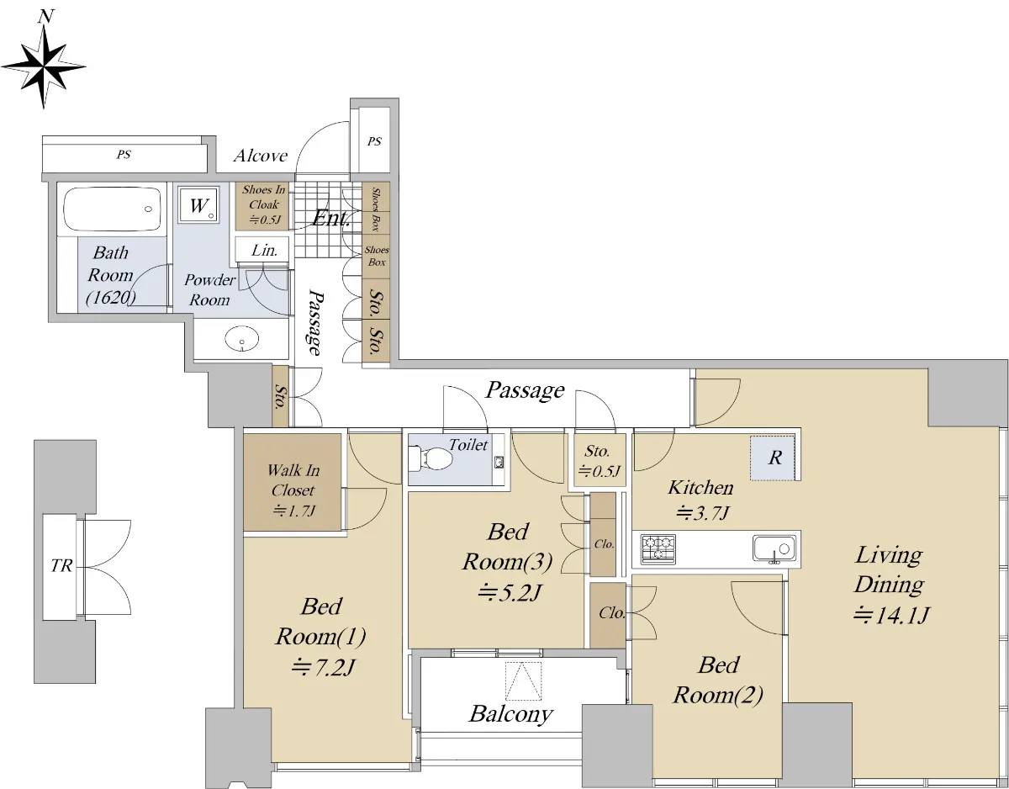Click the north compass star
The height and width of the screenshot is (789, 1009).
tap(44, 66)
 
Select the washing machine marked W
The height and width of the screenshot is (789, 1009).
tap(198, 205)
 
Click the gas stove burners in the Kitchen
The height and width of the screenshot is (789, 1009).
tap(658, 549)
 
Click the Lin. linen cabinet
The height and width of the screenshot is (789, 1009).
tap(262, 249)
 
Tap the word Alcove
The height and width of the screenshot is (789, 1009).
tap(261, 156)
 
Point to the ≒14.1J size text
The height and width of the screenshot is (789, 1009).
tap(890, 616)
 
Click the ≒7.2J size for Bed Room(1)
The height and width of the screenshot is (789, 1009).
tap(323, 668)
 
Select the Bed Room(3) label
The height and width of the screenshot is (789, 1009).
tap(508, 547)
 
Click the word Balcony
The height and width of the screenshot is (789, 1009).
tap(510, 714)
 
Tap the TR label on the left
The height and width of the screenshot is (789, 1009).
tap(61, 565)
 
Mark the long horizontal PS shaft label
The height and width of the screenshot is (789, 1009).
tap(124, 154)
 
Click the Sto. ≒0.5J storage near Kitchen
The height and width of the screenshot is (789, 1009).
tap(599, 460)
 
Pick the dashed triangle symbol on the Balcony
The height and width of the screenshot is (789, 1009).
tap(523, 680)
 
